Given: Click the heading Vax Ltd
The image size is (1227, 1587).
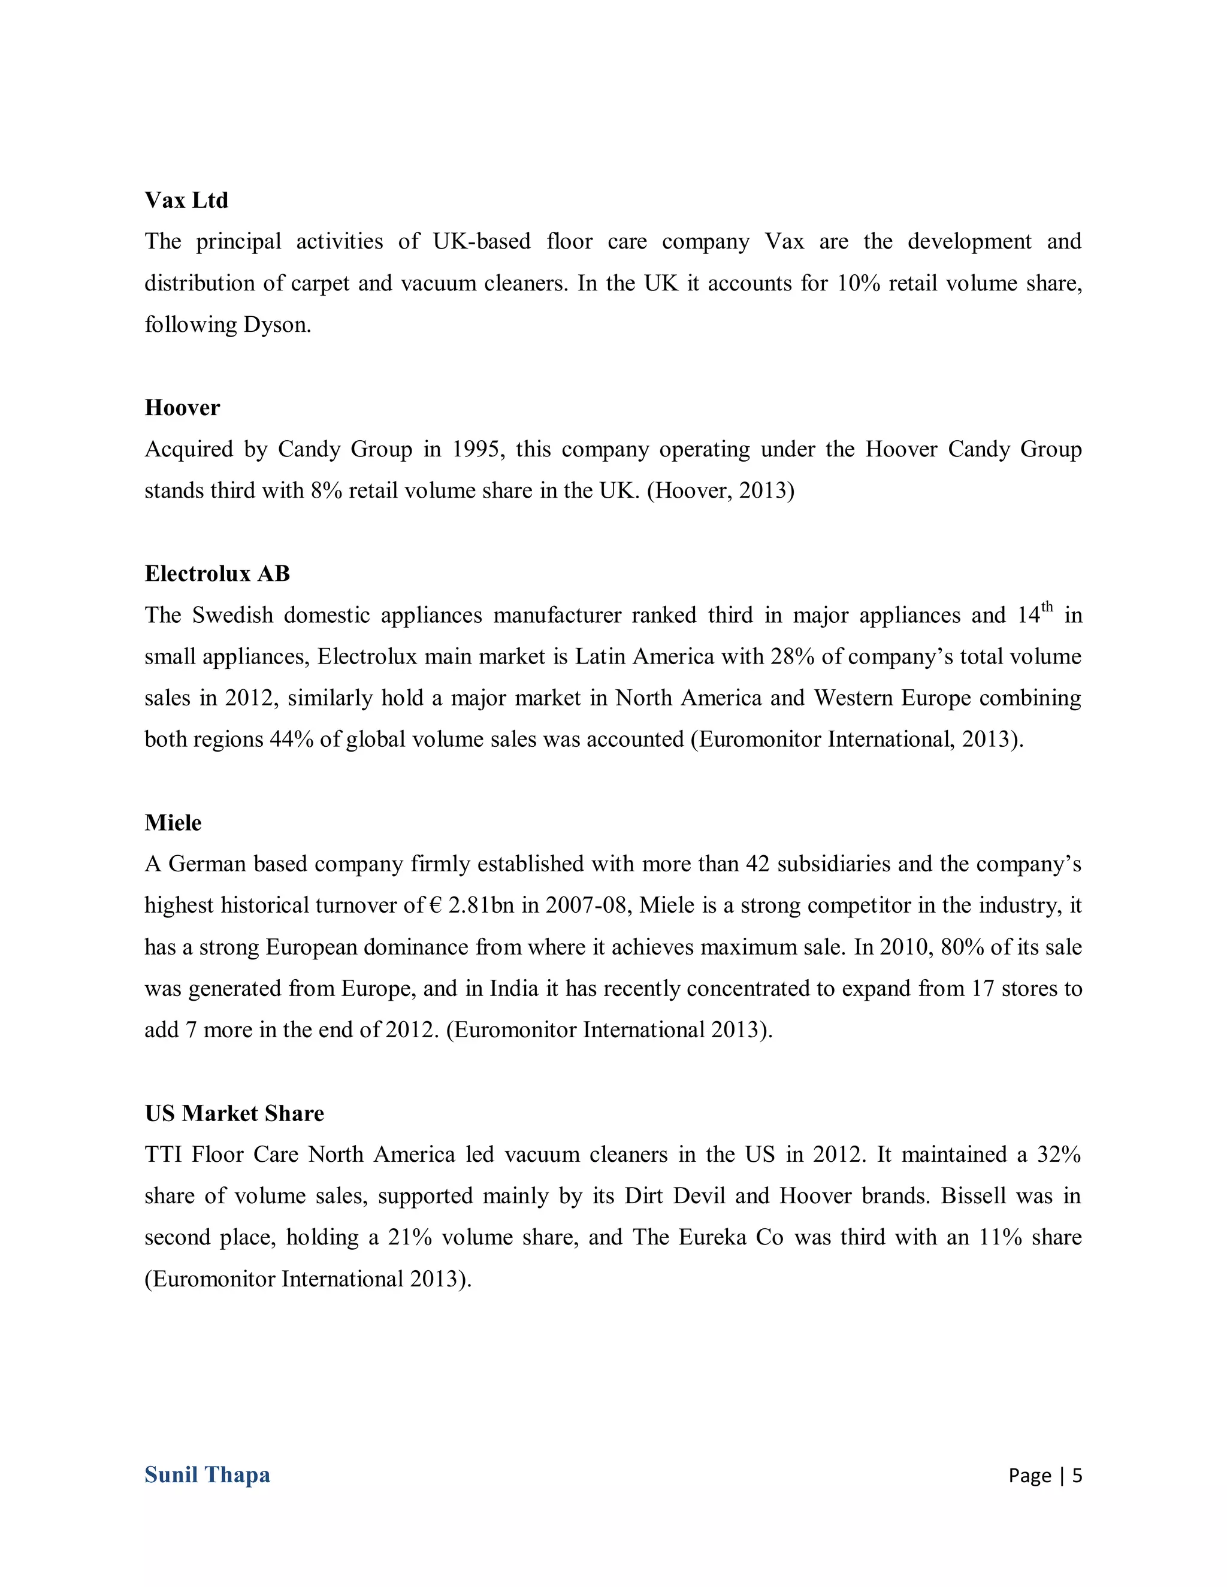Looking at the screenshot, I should pos(186,200).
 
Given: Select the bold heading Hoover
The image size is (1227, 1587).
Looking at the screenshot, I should pos(182,408).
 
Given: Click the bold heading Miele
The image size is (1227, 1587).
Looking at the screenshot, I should pos(173,823).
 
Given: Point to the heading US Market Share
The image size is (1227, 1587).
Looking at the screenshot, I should pos(234,1113).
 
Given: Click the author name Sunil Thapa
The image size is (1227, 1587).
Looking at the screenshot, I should pos(207,1474).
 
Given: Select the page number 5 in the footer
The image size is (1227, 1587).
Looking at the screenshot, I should pos(1077,1475).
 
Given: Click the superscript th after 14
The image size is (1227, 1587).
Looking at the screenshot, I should pos(1047,607).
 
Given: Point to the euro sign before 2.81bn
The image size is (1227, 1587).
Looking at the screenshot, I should pos(436,906).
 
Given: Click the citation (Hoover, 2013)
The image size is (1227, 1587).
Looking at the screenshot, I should pos(720,491).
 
